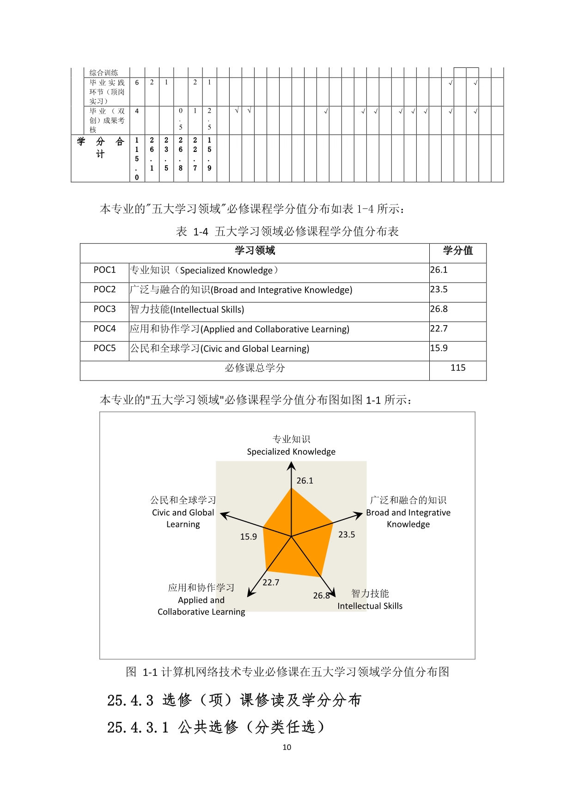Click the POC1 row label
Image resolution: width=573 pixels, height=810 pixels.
click(104, 270)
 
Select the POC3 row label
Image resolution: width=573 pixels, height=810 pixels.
click(104, 309)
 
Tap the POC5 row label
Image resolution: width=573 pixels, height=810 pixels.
click(104, 348)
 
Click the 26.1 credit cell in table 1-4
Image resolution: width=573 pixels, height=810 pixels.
click(439, 270)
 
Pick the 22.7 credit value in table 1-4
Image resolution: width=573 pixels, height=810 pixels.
click(439, 329)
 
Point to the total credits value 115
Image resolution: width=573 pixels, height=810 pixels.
click(458, 368)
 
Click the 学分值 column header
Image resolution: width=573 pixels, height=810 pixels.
click(458, 251)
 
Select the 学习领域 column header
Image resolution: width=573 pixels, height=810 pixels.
click(255, 251)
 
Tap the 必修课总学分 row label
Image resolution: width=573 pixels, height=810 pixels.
click(255, 368)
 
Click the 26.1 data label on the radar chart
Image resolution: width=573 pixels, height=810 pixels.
click(305, 481)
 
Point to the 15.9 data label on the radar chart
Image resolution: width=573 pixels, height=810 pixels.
click(249, 537)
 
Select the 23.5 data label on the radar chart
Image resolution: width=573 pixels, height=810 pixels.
click(347, 535)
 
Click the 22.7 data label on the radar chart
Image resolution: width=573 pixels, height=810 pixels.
click(271, 583)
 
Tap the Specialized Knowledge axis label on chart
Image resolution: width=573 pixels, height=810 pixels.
click(291, 452)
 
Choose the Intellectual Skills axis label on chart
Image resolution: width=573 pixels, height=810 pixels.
click(370, 606)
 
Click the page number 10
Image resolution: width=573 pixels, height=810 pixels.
click(286, 747)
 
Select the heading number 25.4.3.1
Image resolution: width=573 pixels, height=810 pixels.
click(138, 728)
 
